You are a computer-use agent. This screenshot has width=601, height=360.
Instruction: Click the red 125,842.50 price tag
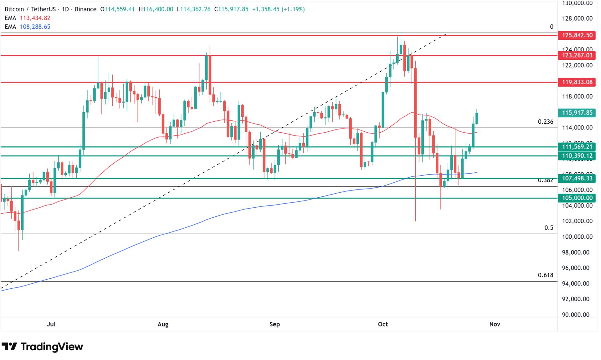click(577, 35)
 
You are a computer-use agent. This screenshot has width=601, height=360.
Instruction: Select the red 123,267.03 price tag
click(577, 56)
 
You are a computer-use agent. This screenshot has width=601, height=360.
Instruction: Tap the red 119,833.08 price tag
click(577, 82)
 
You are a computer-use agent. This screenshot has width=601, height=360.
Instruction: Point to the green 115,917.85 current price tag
click(577, 113)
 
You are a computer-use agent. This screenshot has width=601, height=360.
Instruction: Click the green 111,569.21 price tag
click(577, 147)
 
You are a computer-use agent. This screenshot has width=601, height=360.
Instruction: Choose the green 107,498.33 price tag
click(577, 178)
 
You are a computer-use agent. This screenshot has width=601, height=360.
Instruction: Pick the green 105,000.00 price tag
click(577, 198)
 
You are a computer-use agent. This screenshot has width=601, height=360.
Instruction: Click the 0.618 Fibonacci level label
click(545, 275)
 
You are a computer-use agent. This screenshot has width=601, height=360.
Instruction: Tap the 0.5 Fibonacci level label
click(548, 228)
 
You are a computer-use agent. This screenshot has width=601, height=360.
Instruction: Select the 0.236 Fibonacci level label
click(545, 122)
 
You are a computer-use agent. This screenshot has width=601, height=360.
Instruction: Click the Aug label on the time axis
click(163, 324)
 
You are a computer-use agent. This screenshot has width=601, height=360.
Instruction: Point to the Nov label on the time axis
click(495, 324)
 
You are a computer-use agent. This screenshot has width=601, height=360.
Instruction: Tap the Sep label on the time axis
click(275, 324)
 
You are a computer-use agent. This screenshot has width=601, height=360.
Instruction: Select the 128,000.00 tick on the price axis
click(577, 18)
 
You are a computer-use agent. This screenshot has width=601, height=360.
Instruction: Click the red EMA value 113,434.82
click(35, 18)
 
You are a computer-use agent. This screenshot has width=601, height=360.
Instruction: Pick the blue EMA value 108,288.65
click(35, 27)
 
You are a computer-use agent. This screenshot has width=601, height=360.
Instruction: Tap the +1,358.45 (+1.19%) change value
click(278, 9)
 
